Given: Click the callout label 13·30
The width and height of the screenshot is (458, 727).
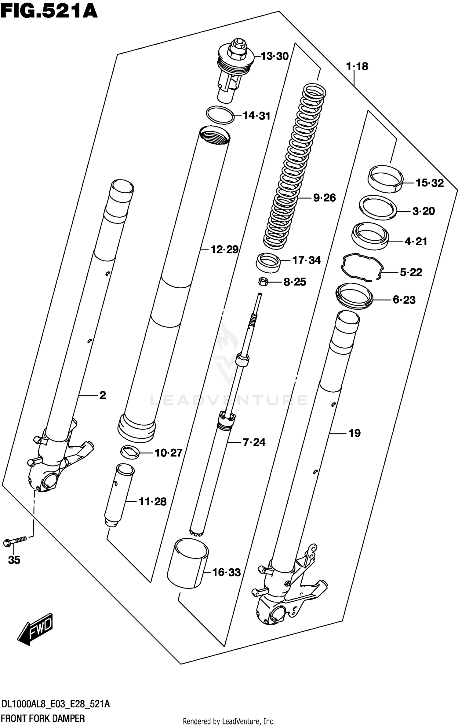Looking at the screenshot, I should pyautogui.click(x=274, y=56).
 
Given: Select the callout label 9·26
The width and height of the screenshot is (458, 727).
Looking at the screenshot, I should pyautogui.click(x=324, y=198).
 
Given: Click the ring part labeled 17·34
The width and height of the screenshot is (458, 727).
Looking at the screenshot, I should pyautogui.click(x=268, y=262).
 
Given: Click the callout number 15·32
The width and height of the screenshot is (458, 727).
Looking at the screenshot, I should pyautogui.click(x=429, y=183).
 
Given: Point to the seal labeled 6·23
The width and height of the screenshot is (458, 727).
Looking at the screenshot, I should pyautogui.click(x=354, y=296).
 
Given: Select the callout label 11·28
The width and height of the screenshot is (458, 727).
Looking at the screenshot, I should pyautogui.click(x=152, y=502).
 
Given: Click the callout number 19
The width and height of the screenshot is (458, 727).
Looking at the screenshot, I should pyautogui.click(x=354, y=433).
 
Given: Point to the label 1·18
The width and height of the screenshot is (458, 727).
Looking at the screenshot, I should pyautogui.click(x=357, y=66).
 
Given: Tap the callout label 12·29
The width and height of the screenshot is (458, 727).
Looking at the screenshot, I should pyautogui.click(x=224, y=249).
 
